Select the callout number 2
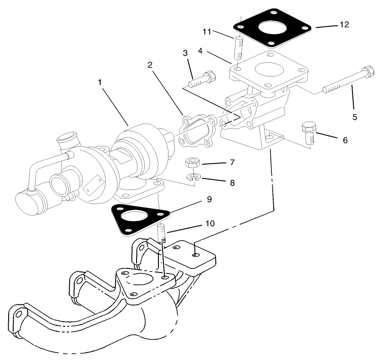149,65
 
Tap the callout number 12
344,25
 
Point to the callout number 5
355,117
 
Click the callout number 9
209,199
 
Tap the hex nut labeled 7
192,163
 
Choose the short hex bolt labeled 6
309,133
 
